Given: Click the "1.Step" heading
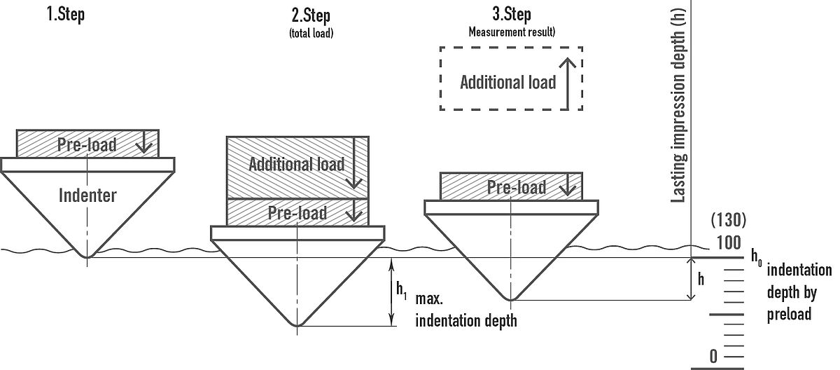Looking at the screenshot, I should click(66, 15).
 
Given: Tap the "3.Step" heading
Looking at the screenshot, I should click(512, 14).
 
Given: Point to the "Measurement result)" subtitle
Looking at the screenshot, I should click(512, 32).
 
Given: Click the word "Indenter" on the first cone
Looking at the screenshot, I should click(88, 195).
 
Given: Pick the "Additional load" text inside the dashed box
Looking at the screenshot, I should click(507, 82).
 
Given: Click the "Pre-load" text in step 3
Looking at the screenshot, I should click(517, 187).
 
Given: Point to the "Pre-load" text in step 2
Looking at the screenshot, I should click(297, 213).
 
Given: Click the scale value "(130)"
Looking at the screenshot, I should click(728, 221).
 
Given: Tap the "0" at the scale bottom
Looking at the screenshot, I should click(713, 356).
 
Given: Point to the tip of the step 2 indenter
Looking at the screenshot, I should click(298, 326).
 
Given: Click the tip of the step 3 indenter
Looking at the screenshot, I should click(512, 300).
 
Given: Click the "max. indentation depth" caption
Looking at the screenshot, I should click(466, 311).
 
